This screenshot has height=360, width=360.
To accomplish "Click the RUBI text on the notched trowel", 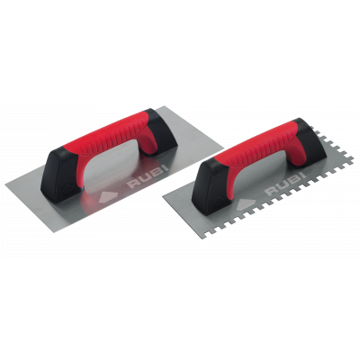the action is [x=287, y=184].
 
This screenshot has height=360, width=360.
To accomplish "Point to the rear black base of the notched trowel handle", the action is [x=309, y=141].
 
